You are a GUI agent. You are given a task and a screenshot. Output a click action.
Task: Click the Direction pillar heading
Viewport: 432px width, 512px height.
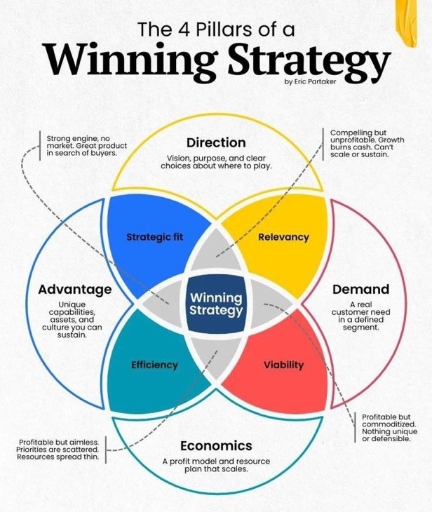pyautogui.click(x=216, y=142)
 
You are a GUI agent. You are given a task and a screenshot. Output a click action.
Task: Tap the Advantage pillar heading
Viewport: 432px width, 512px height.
pyautogui.click(x=75, y=289)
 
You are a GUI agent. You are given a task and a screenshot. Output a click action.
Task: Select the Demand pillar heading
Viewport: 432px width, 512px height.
pyautogui.click(x=360, y=289)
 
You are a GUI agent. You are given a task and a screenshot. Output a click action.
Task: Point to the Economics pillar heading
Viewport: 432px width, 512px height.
pyautogui.click(x=216, y=445)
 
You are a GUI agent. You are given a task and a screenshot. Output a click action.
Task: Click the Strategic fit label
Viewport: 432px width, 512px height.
pyautogui.click(x=155, y=237)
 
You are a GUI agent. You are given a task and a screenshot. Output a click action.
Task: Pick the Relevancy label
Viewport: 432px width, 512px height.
pyautogui.click(x=283, y=237)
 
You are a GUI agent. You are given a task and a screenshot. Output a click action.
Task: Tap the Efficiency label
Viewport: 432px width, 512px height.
pyautogui.click(x=155, y=365)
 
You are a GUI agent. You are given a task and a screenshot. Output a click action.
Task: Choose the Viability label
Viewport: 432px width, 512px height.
pyautogui.click(x=284, y=365)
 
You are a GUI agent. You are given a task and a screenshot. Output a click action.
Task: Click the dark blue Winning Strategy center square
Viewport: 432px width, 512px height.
pyautogui.click(x=216, y=304)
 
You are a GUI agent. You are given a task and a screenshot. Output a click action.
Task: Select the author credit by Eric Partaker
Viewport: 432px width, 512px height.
pyautogui.click(x=310, y=81)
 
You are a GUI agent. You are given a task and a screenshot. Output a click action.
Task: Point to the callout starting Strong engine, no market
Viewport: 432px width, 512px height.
pyautogui.click(x=86, y=145)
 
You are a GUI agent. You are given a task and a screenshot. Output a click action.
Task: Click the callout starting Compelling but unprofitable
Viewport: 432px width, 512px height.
pyautogui.click(x=367, y=143)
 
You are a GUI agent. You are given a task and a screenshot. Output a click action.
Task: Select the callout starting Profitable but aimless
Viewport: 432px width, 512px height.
pyautogui.click(x=58, y=450)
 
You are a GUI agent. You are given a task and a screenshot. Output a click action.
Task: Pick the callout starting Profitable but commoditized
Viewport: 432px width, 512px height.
pyautogui.click(x=389, y=428)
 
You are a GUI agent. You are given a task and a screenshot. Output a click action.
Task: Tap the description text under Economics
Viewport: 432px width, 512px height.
pyautogui.click(x=216, y=465)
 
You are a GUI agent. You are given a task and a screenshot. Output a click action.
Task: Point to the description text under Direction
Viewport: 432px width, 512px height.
pyautogui.click(x=216, y=162)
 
